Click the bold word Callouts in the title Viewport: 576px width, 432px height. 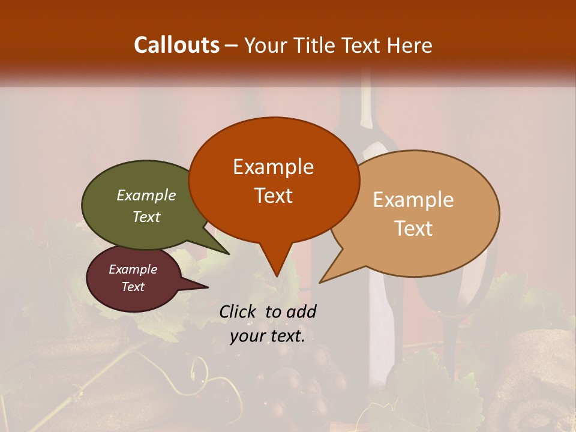(176, 45)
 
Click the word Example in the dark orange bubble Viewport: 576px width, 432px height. (273, 167)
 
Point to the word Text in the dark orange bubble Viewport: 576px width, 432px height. (273, 196)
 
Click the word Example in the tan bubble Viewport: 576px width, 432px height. (413, 200)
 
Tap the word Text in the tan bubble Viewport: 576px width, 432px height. (413, 229)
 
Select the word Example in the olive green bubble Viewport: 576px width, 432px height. (146, 196)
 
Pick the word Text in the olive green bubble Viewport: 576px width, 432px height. (146, 217)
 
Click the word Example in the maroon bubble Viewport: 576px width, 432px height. (133, 269)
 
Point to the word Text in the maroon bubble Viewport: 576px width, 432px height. (133, 287)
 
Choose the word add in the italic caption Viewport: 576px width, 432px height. (301, 311)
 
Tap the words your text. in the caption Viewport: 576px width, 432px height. (267, 337)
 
